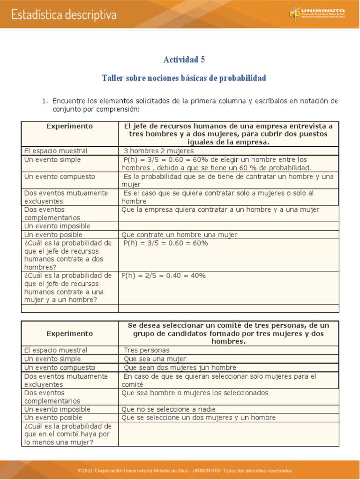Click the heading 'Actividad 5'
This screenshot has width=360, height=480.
[x=184, y=60]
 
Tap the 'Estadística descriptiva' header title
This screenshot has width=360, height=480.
[x=64, y=15]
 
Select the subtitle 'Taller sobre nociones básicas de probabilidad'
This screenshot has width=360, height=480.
[x=184, y=78]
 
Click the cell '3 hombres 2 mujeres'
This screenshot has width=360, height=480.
[x=158, y=151]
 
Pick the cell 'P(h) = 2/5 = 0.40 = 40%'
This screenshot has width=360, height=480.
[x=164, y=276]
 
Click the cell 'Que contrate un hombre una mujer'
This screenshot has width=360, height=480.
[x=179, y=235]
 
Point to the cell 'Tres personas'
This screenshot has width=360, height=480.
[x=147, y=350]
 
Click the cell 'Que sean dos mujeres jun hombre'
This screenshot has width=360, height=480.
[x=180, y=367]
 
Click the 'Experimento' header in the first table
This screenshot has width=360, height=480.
[x=69, y=127]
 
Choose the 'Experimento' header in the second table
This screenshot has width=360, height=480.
[x=69, y=333]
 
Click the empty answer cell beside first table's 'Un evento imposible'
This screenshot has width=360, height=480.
[x=228, y=226]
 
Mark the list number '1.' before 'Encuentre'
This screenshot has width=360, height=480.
[x=45, y=101]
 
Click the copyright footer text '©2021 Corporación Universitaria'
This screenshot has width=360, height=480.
[x=185, y=470]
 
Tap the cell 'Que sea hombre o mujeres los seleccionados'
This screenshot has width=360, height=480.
[x=195, y=393]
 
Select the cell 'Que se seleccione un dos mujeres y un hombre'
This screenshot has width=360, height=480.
[x=198, y=418]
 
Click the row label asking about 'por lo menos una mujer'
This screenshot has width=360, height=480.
[x=68, y=434]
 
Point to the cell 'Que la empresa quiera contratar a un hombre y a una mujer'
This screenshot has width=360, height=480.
[x=220, y=210]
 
